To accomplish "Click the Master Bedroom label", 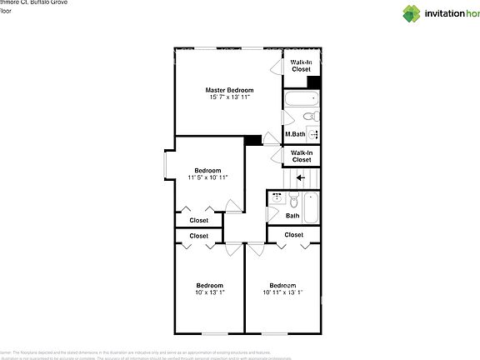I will (229, 89).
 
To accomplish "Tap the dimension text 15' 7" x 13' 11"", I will (229, 97).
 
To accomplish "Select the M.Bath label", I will (294, 134).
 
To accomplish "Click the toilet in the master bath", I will (309, 117).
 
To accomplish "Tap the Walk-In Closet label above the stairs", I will (301, 156).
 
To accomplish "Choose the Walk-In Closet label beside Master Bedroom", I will (301, 66).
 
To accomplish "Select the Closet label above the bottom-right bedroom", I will (293, 235).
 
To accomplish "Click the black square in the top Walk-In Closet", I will (314, 82).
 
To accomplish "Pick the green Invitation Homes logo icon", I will (412, 12).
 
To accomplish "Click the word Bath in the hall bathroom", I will (292, 216).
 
